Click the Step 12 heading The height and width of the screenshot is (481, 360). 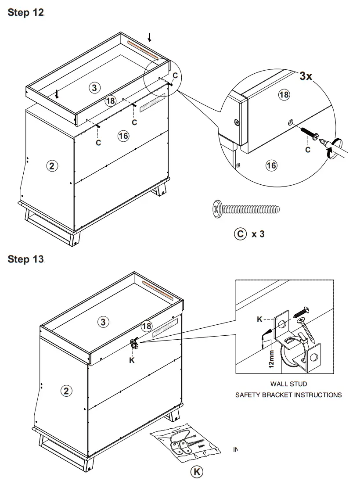pyautogui.click(x=26, y=13)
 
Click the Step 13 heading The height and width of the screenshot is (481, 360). pyautogui.click(x=26, y=259)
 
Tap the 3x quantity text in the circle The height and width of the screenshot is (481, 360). pyautogui.click(x=306, y=76)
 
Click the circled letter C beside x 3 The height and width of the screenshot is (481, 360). pyautogui.click(x=240, y=234)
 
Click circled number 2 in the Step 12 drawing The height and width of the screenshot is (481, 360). pyautogui.click(x=51, y=166)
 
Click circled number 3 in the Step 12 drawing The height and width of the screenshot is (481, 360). pyautogui.click(x=94, y=87)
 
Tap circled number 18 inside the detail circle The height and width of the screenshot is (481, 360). pyautogui.click(x=284, y=95)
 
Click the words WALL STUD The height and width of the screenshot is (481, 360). pyautogui.click(x=288, y=384)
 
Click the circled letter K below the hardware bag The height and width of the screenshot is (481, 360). pyautogui.click(x=197, y=472)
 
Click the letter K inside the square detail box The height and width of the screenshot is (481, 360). pyautogui.click(x=259, y=319)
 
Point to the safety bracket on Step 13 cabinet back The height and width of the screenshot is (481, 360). pyautogui.click(x=134, y=344)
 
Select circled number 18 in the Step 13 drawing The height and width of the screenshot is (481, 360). pyautogui.click(x=147, y=326)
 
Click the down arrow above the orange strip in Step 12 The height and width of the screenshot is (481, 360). pyautogui.click(x=150, y=37)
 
